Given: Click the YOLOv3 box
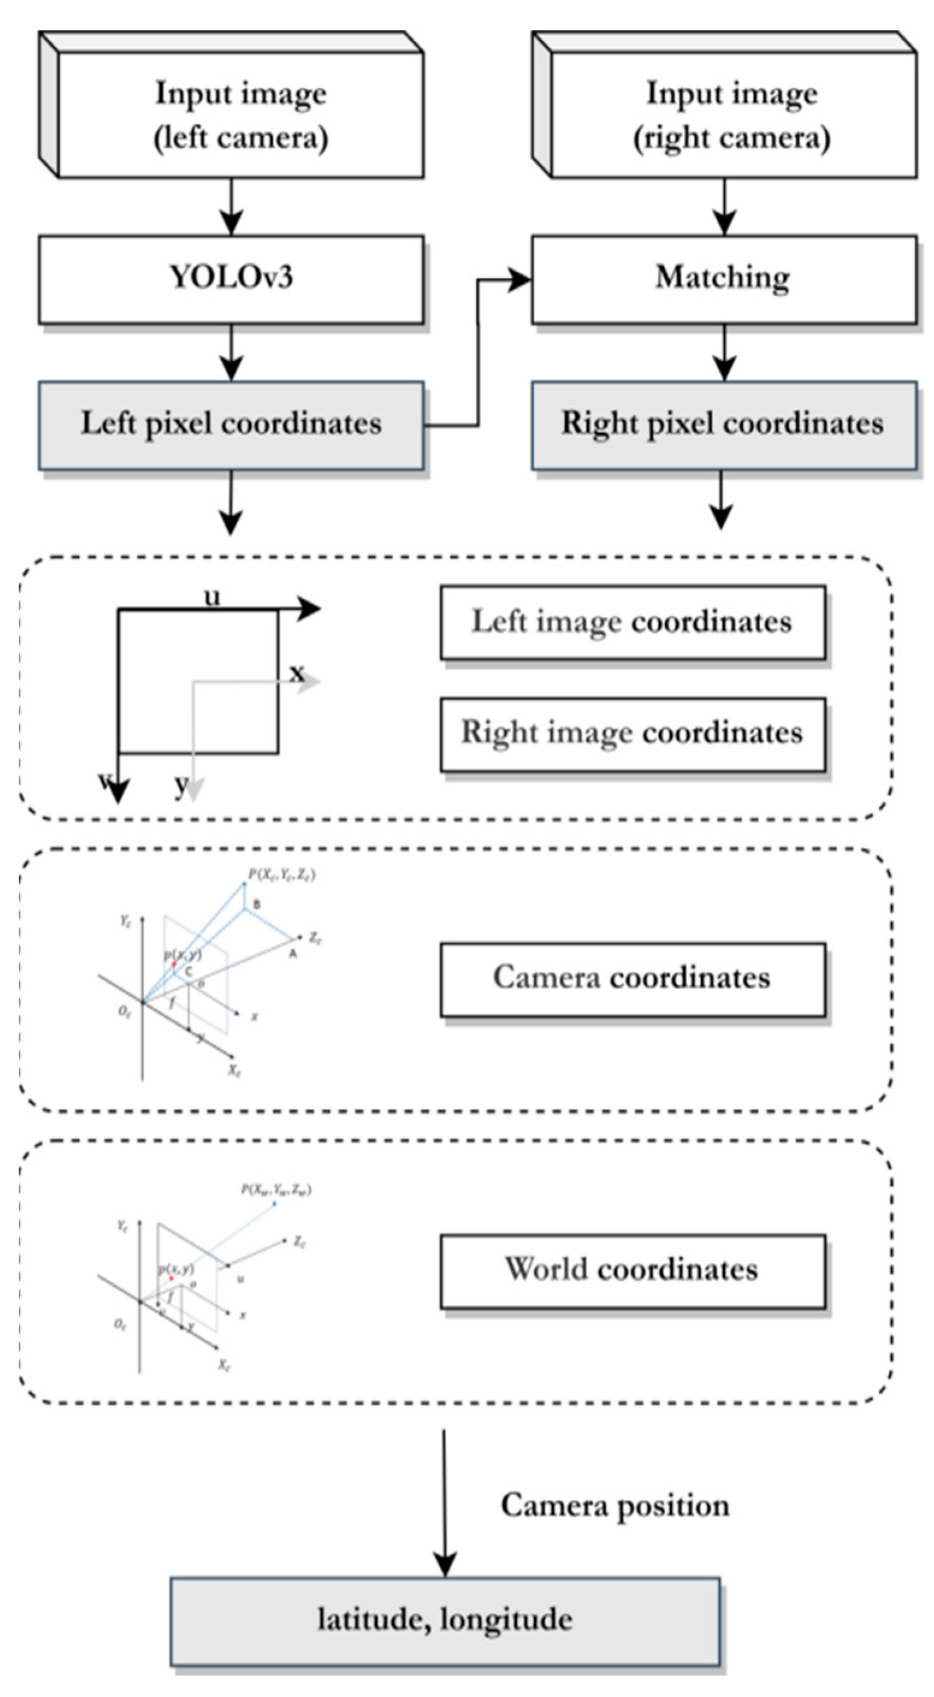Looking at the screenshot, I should [230, 278].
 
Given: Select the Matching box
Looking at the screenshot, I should [724, 278].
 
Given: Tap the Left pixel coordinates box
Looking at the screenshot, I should [230, 425].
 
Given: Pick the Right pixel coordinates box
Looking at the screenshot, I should [724, 425].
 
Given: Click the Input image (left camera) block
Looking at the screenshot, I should [241, 115].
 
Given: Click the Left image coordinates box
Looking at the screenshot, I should [632, 622].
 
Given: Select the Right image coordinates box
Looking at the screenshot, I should [632, 734].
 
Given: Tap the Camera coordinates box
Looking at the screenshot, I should [632, 979].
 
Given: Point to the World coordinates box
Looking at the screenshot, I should [632, 1271].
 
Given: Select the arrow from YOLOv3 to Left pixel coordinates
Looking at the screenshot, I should [231, 352].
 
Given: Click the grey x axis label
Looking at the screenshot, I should [298, 674].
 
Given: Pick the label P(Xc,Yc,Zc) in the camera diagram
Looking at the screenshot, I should [281, 875].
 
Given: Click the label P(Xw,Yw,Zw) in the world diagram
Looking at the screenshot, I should [276, 1189].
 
